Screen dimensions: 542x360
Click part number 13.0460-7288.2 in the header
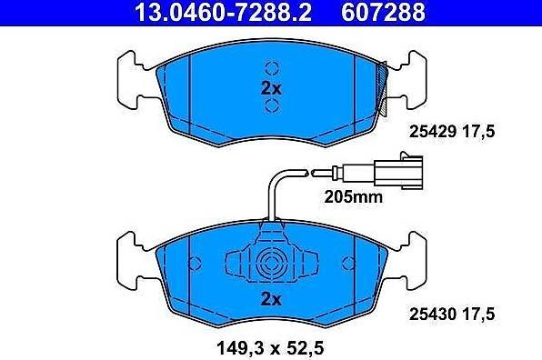coord(223,13)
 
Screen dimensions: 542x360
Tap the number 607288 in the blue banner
coord(383,13)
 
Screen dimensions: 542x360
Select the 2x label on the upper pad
coord(271,89)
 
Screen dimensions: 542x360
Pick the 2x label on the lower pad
coord(271,299)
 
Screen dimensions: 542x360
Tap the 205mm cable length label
coord(354,197)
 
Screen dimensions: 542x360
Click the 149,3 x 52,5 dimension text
coord(270,348)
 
